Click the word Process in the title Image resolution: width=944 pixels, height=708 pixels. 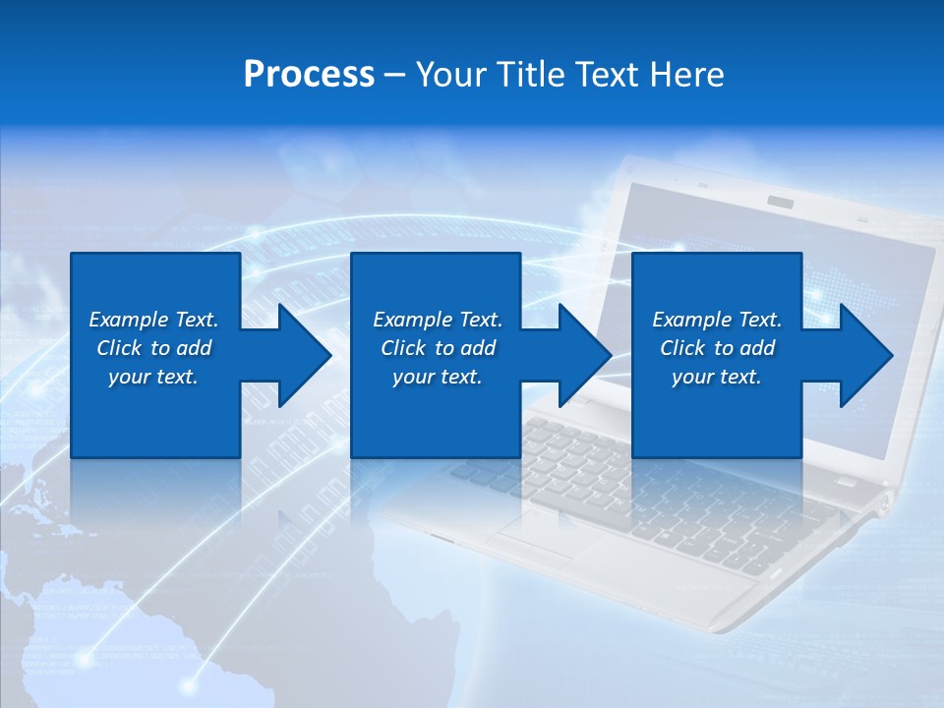309,74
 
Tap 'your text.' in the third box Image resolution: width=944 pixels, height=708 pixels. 716,377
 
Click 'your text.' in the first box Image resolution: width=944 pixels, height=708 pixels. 153,377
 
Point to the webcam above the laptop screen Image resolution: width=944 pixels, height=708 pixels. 781,202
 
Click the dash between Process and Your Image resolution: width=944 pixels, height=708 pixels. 394,75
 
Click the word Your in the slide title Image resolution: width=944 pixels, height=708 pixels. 447,74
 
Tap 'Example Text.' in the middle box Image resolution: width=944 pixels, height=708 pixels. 438,320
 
